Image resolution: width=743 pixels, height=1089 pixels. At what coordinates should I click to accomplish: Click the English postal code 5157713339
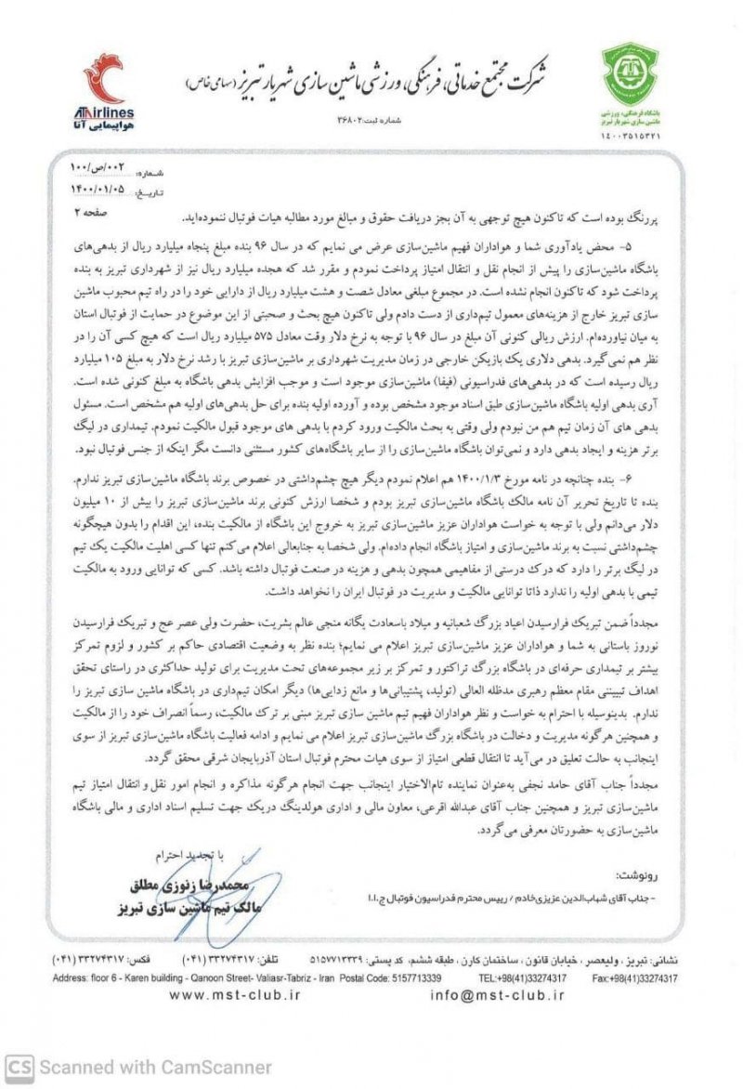(x=409, y=978)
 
